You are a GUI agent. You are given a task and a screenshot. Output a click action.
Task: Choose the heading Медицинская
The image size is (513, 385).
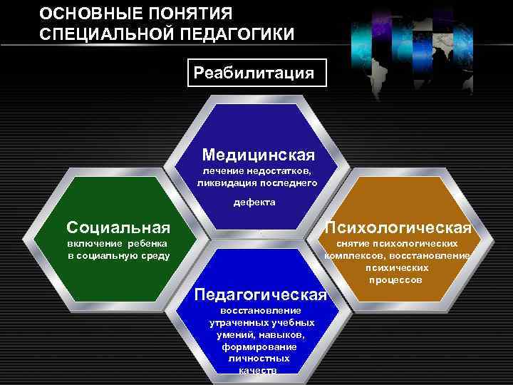pos(258,154)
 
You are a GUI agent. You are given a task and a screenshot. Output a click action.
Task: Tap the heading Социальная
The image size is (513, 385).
pos(118,227)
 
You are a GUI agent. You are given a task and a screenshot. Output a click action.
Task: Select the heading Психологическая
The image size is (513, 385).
pos(398,227)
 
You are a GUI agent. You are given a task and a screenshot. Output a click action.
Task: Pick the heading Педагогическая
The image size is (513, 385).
pos(260,295)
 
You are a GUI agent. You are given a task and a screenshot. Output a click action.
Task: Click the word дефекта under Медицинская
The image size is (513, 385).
pos(256,202)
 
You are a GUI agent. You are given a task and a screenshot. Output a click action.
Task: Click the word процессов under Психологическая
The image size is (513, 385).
pos(395,279)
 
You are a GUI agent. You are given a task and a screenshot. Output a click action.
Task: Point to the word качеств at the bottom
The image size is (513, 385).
pos(254,371)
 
